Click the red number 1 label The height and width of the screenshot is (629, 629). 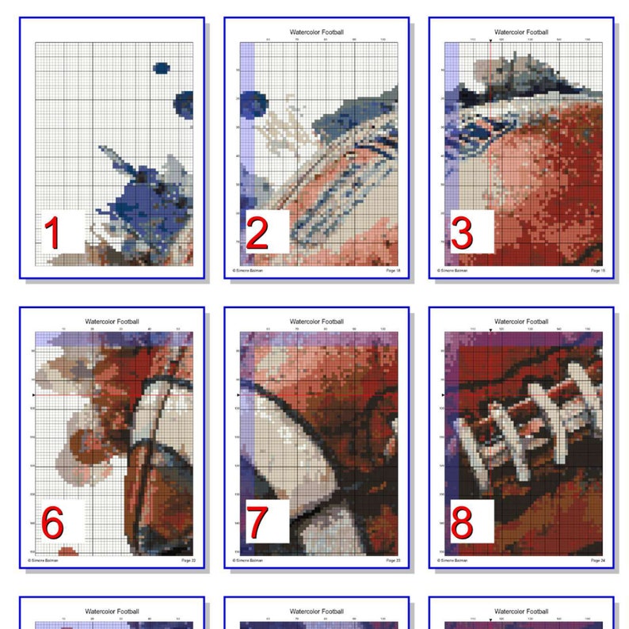(x=52, y=235)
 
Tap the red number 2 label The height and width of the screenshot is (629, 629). (x=257, y=235)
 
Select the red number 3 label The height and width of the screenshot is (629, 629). (x=462, y=235)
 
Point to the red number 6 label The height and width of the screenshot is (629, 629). (x=52, y=524)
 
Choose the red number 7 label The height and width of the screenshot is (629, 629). (x=257, y=524)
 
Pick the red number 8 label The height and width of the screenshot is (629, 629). (x=462, y=524)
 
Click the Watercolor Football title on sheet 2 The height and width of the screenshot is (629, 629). (x=317, y=32)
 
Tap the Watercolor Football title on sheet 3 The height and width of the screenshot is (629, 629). (x=521, y=32)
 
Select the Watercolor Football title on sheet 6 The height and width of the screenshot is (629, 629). (x=112, y=322)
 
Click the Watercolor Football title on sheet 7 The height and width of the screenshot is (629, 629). (x=317, y=322)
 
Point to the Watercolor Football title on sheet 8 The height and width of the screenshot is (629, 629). (x=521, y=322)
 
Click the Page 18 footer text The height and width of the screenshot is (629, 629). (x=393, y=271)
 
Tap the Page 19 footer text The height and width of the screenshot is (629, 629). (x=598, y=271)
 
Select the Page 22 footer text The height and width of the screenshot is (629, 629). (x=188, y=560)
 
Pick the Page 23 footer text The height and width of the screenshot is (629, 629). (x=393, y=560)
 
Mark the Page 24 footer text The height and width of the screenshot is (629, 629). (x=598, y=560)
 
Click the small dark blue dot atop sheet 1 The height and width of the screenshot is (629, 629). (x=162, y=69)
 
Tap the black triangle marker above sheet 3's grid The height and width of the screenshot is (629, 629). (x=490, y=40)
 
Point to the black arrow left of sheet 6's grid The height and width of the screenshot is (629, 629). (x=32, y=395)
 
